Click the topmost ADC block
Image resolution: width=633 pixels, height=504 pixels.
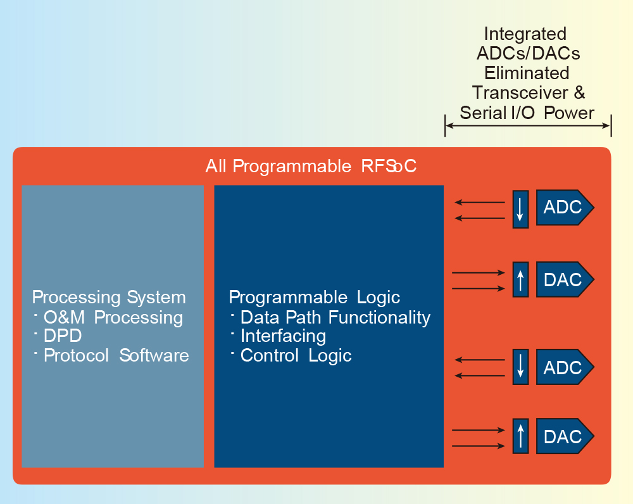(x=565, y=207)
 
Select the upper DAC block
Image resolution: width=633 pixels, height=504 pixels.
(x=565, y=279)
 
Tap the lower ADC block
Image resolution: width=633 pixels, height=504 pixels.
(x=565, y=367)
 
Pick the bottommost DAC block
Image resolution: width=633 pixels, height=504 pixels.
(x=565, y=436)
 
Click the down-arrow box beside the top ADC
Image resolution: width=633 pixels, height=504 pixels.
(x=520, y=209)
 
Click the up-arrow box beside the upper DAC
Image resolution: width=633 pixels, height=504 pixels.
(x=520, y=279)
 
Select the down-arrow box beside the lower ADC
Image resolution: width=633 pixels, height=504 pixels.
(x=520, y=367)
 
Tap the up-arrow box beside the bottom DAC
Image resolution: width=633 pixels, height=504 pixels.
(x=520, y=436)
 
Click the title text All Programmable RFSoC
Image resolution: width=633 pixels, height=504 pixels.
(x=311, y=166)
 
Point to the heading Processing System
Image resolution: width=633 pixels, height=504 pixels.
(x=109, y=298)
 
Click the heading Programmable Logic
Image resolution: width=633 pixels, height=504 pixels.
(x=315, y=298)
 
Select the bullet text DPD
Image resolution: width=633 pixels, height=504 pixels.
(x=63, y=336)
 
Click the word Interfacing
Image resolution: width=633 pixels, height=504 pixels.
(x=283, y=336)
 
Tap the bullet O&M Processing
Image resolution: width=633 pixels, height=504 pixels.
(x=113, y=317)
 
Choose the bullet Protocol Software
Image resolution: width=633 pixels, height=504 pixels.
(x=116, y=355)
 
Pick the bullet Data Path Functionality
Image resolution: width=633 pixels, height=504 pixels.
(x=335, y=317)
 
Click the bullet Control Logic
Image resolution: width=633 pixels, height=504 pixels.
(x=296, y=356)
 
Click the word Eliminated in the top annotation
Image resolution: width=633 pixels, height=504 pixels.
(x=527, y=73)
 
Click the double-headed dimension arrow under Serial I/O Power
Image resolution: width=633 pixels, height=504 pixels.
(x=528, y=125)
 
